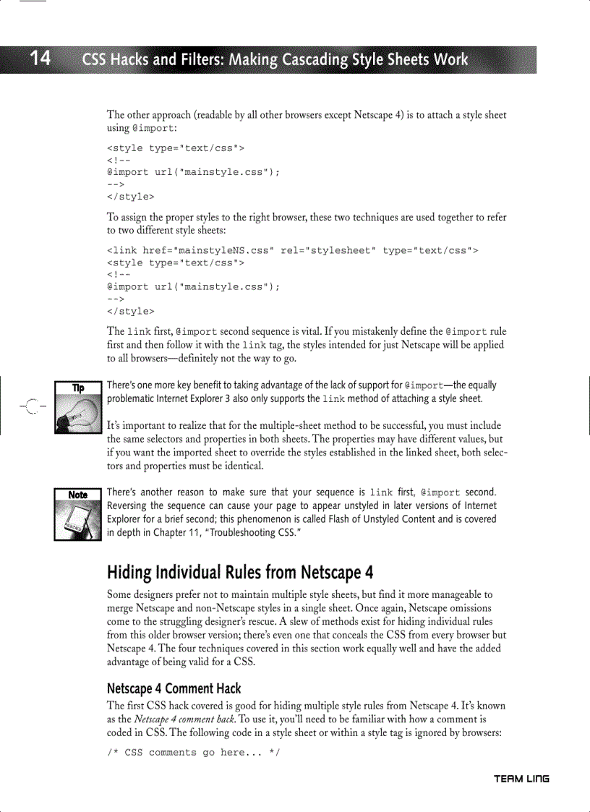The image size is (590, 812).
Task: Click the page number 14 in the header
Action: pyautogui.click(x=40, y=59)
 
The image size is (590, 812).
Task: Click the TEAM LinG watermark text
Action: pyautogui.click(x=521, y=778)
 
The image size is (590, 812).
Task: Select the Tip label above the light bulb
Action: pyautogui.click(x=77, y=388)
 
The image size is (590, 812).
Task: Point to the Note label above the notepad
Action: pyautogui.click(x=77, y=495)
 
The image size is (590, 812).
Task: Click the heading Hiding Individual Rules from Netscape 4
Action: pyautogui.click(x=240, y=573)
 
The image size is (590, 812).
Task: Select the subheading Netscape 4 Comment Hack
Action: pyautogui.click(x=174, y=688)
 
